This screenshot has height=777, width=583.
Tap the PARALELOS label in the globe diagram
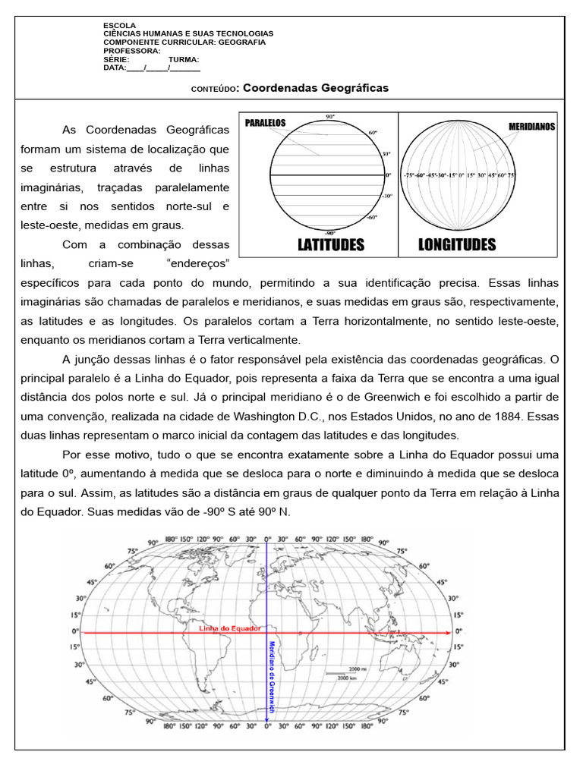[265, 122]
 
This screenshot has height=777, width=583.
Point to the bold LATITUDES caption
[320, 244]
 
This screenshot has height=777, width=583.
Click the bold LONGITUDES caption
[457, 244]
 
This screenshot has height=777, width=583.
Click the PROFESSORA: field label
[127, 51]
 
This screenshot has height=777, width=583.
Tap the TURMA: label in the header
[184, 59]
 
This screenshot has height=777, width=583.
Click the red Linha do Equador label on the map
[230, 628]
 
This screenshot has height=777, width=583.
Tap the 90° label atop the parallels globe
[329, 117]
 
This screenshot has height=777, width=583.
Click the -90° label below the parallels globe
[329, 232]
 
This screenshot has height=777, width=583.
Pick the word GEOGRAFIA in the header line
[241, 42]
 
